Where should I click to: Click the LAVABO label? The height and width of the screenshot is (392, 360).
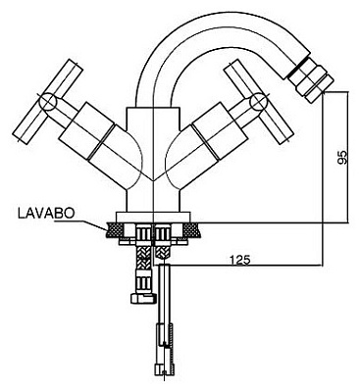coord(46,213)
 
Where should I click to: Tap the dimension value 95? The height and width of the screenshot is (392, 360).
coord(342,158)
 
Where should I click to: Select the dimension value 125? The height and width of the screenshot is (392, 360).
coord(239,260)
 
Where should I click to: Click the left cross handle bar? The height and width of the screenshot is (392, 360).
coord(47,101)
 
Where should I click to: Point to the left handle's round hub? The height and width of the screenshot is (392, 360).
coord(48,101)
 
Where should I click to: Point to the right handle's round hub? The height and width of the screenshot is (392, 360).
coord(259,101)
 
